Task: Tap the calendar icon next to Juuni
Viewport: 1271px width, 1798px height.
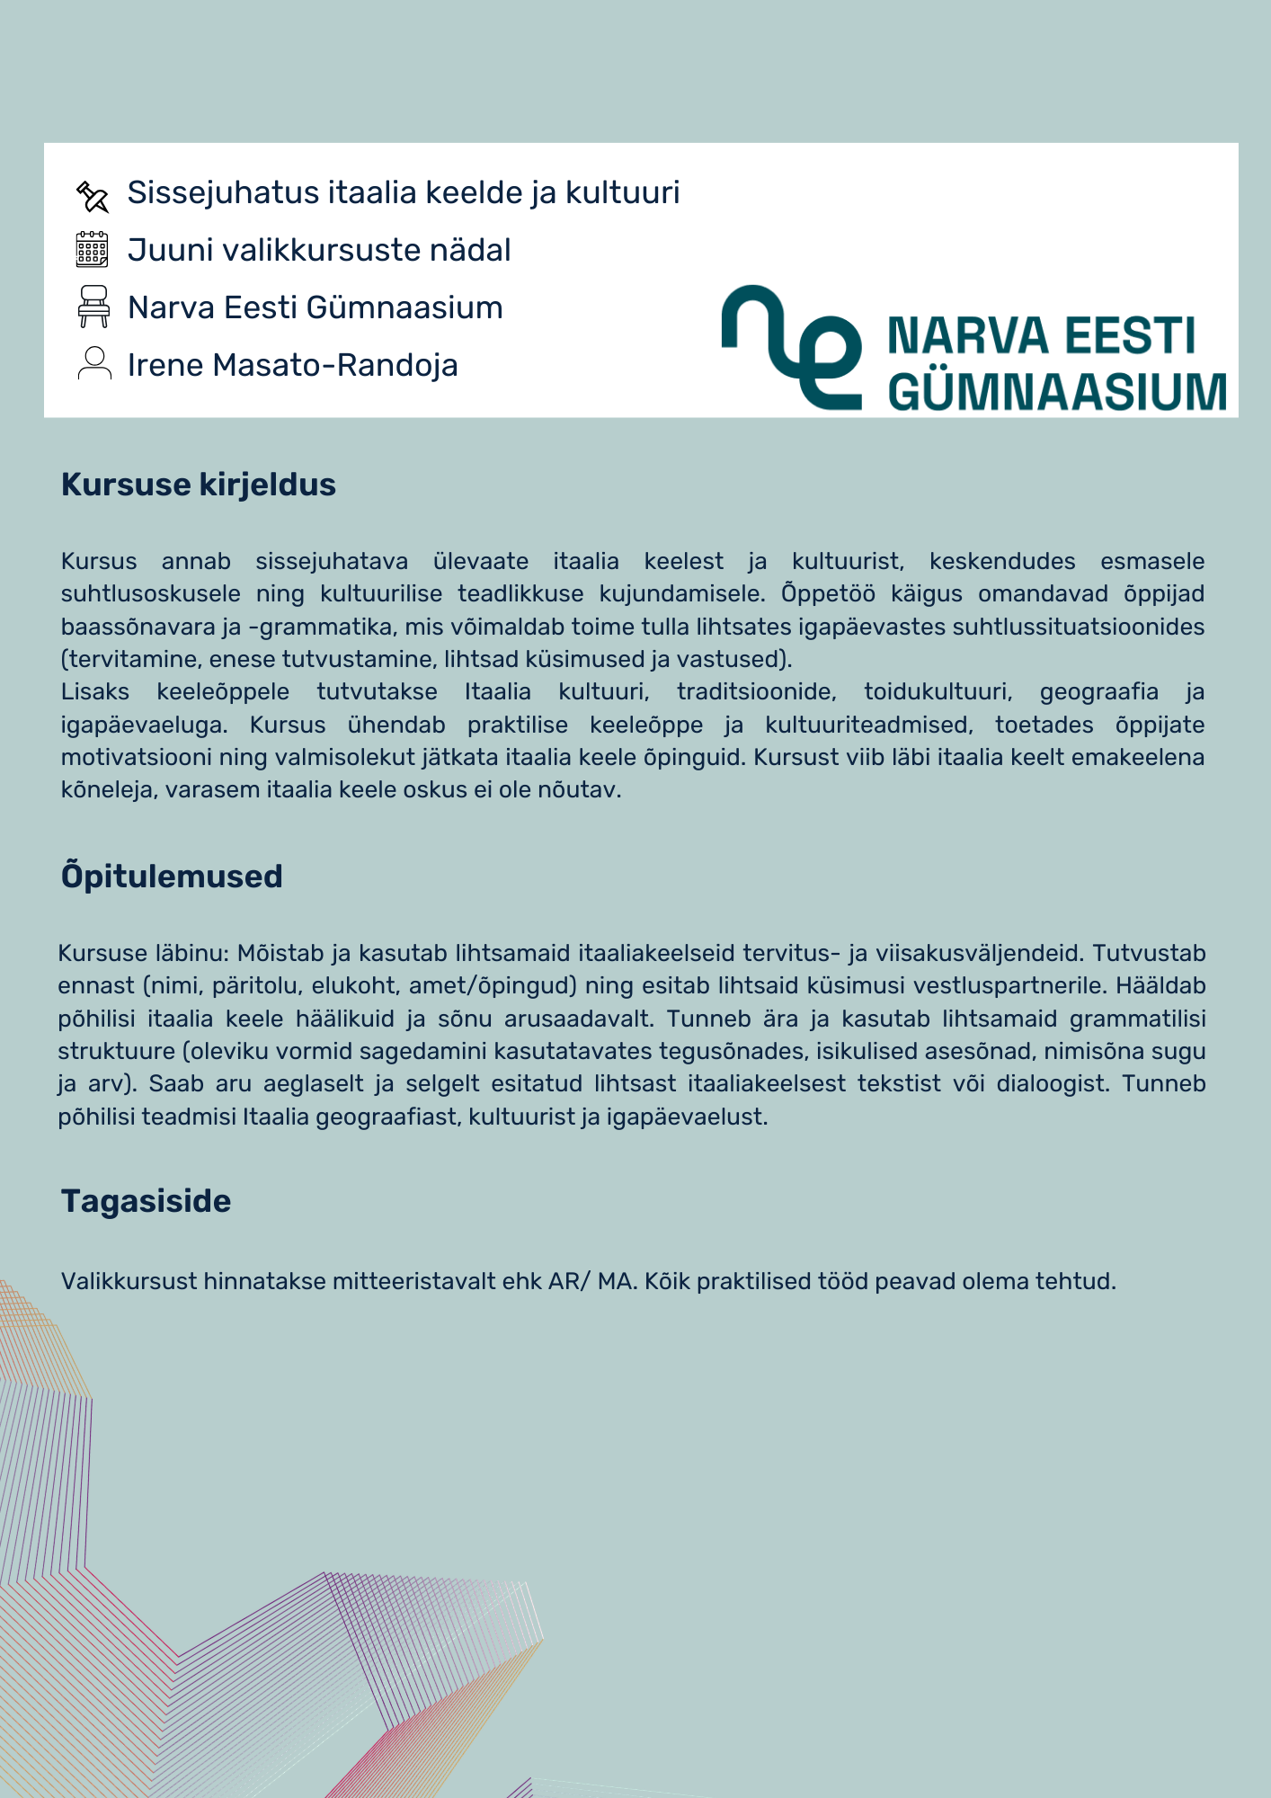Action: [92, 250]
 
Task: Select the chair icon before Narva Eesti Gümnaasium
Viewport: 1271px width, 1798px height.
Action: [93, 307]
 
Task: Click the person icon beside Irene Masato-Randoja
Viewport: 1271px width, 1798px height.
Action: [94, 363]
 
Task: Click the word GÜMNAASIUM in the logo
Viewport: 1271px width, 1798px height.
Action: [1057, 392]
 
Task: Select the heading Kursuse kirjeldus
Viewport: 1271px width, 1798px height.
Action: [199, 485]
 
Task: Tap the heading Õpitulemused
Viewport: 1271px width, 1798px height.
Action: [172, 877]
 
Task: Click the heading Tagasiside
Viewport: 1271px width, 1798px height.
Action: [146, 1201]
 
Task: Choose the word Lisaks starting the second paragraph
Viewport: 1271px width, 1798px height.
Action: [94, 692]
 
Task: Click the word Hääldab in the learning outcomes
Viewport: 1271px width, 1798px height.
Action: [1160, 986]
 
